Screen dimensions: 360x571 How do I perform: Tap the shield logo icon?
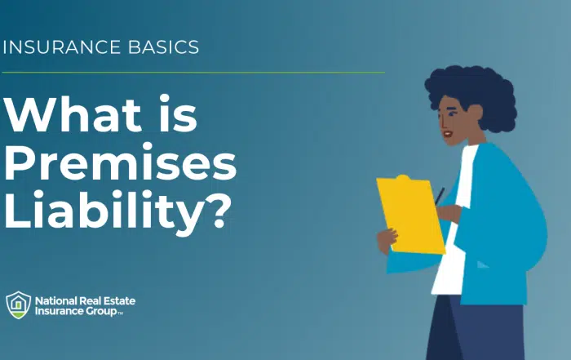click(18, 305)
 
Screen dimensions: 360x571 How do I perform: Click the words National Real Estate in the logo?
click(84, 300)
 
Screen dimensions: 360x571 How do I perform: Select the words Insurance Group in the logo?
click(77, 311)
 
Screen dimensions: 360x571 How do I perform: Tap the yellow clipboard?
click(409, 214)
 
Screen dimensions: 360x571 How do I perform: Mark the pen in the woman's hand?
click(440, 196)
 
